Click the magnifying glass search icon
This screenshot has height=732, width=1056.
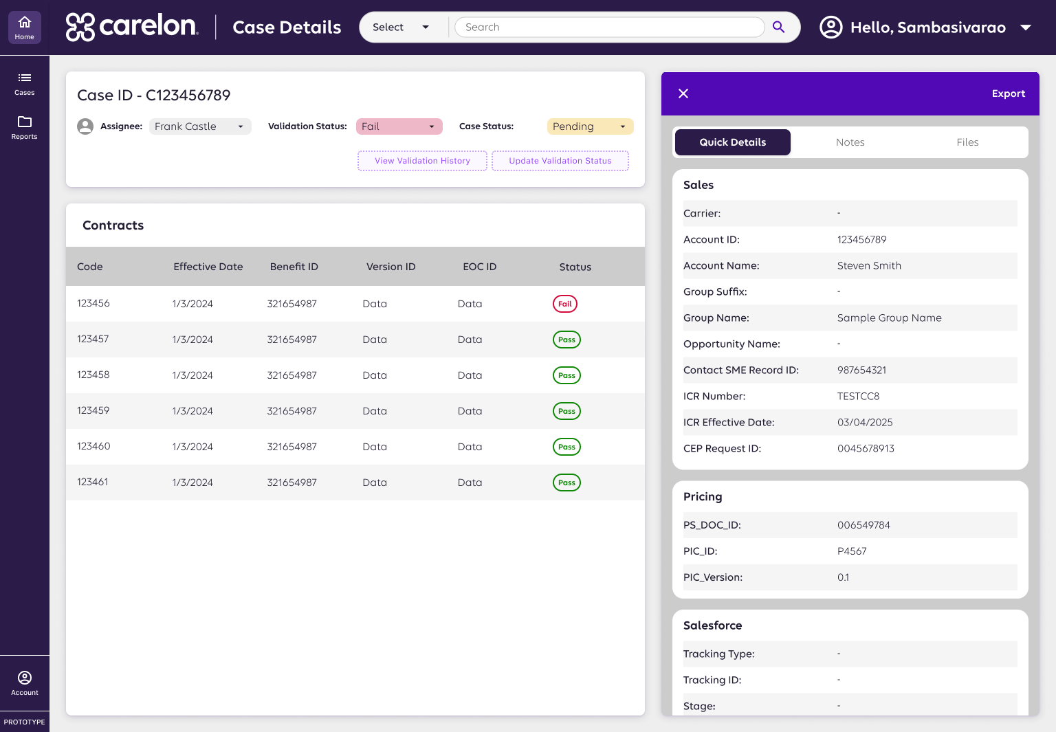point(778,27)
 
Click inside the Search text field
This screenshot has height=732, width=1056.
point(609,27)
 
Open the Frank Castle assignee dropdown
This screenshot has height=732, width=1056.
point(199,126)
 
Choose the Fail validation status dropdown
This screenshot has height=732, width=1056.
point(399,126)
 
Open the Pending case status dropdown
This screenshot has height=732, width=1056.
point(590,126)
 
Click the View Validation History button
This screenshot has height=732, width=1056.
point(422,161)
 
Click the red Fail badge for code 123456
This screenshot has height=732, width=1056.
point(565,304)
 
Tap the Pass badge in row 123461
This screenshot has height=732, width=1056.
point(566,483)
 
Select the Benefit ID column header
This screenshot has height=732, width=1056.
point(294,267)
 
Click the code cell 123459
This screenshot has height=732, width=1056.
point(93,410)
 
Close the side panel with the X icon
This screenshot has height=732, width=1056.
point(683,93)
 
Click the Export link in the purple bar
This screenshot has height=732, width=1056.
point(1008,93)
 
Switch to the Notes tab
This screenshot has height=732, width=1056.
point(850,142)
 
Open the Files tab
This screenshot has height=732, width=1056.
point(967,142)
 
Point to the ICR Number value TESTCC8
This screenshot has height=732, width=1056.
point(858,396)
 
